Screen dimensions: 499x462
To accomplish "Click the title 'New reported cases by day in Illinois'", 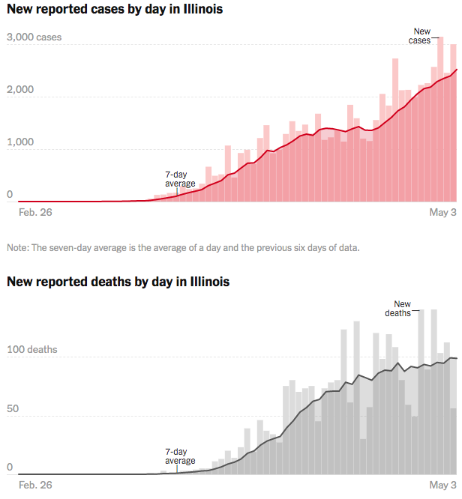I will pos(115,10).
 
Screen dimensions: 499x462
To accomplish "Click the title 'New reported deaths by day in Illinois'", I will pos(118,282).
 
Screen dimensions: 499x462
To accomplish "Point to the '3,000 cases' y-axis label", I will pos(34,37).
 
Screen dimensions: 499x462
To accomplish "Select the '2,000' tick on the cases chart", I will pos(20,90).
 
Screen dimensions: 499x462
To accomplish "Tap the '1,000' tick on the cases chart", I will pos(20,142).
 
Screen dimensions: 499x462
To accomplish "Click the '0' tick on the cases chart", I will pos(10,195).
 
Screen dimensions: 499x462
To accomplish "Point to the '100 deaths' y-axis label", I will pos(32,350).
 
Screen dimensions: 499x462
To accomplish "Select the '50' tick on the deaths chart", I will pos(13,409).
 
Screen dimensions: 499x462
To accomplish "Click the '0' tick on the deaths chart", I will pos(10,468).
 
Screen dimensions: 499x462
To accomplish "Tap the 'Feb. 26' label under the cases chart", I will pos(34,213).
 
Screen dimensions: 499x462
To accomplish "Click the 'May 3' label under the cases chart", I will pos(442,213).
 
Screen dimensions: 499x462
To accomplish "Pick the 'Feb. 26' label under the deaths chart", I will pos(34,486).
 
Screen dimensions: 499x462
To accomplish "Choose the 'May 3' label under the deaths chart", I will pos(442,486).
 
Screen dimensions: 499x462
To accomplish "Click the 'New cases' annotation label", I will pos(422,36).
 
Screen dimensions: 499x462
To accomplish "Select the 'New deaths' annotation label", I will pos(403,309).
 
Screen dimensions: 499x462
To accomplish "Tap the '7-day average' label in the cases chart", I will pos(180,179).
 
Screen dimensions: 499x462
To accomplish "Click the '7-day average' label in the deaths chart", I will pos(180,456).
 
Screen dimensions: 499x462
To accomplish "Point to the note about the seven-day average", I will pos(183,247).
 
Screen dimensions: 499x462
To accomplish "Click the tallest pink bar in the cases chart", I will pos(440,120).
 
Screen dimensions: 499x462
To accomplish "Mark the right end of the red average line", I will pos(456,70).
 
